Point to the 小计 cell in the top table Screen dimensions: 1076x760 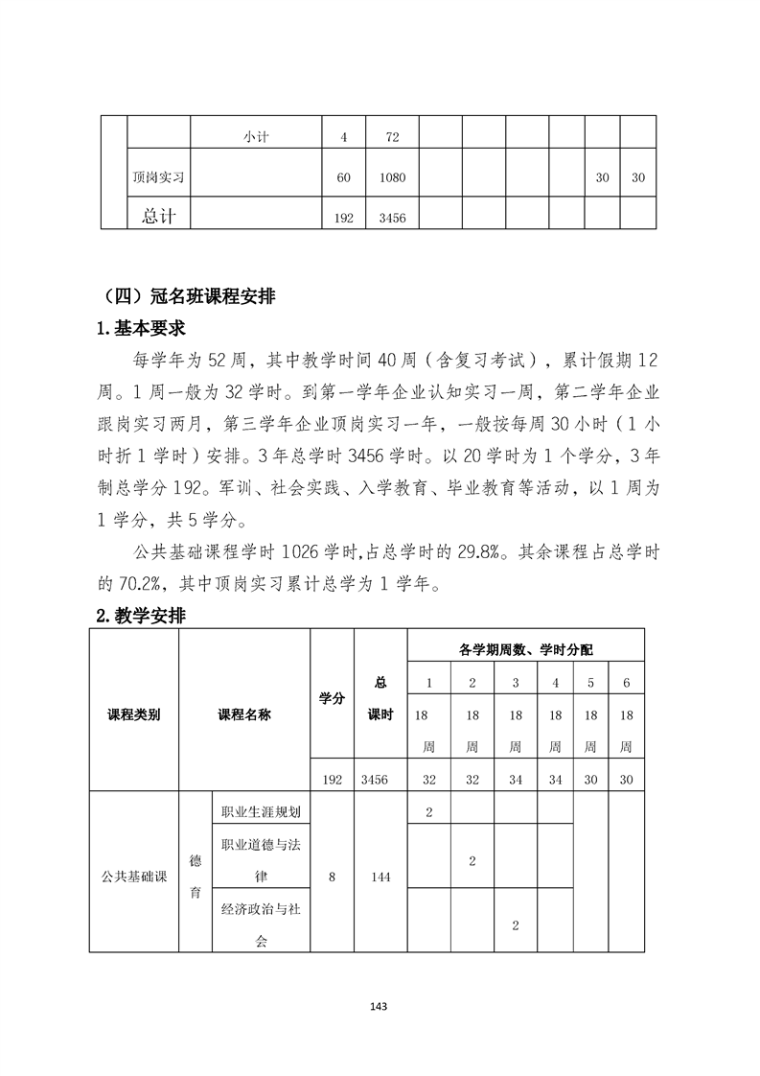coord(256,137)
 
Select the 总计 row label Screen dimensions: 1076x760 coord(158,216)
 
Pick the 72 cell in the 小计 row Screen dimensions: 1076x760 coord(392,137)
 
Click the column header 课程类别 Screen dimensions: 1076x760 coord(134,714)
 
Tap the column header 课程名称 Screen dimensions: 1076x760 coord(244,714)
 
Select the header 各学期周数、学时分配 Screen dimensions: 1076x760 coord(525,649)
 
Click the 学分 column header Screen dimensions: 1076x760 coord(332,699)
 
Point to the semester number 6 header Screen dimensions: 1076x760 coord(627,683)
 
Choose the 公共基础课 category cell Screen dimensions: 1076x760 coord(134,875)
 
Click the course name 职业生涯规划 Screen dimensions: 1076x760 coord(261,811)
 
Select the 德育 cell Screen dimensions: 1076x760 coord(196,875)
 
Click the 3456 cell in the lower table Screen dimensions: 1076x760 coord(380,780)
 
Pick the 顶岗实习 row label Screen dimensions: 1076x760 coord(158,177)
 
